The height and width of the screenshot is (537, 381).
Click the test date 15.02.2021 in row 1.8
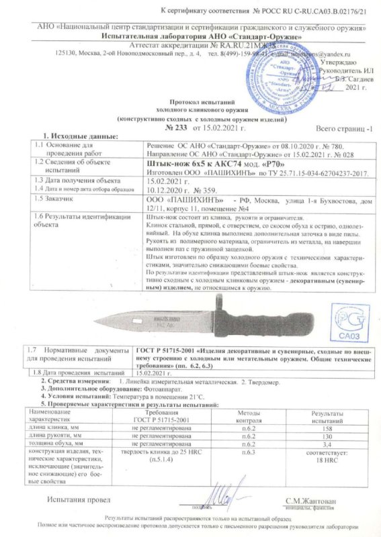point(154,371)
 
